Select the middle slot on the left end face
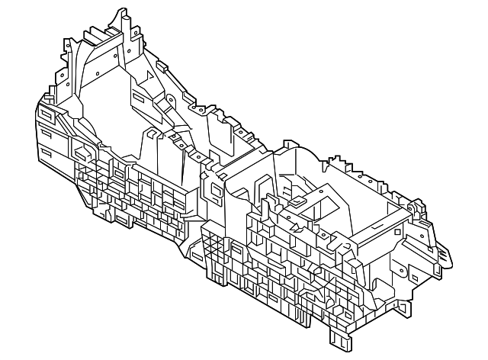coord(47,135)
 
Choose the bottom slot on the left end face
coord(47,155)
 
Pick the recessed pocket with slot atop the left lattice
coord(79,145)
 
